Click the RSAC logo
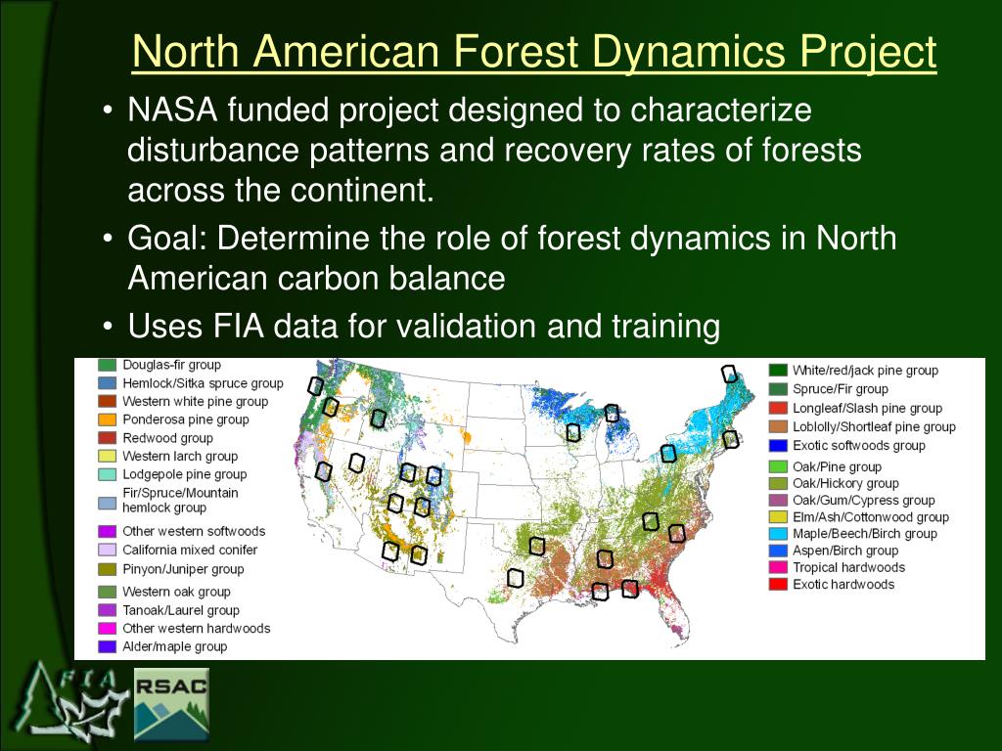(x=171, y=704)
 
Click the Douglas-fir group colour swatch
(x=107, y=366)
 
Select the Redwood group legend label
(x=167, y=438)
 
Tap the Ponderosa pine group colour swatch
(x=107, y=420)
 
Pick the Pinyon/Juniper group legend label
(x=183, y=569)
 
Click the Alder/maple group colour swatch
(x=107, y=646)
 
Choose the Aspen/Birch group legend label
(x=845, y=551)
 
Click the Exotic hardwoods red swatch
(x=778, y=584)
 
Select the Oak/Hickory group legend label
(x=845, y=483)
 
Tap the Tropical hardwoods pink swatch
(x=778, y=567)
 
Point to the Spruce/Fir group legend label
(x=841, y=389)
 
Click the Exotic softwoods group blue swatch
(x=778, y=445)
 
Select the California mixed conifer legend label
(x=190, y=550)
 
